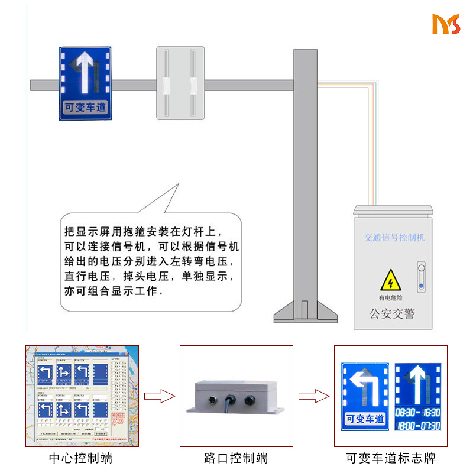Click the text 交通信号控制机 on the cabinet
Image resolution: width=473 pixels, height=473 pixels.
394,238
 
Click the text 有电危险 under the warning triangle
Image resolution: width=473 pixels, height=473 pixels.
390,298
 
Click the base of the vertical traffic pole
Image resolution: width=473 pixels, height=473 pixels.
305,312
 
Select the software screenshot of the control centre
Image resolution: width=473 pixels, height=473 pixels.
82,396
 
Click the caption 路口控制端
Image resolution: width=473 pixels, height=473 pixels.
236,458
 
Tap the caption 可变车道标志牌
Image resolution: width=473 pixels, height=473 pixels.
391,458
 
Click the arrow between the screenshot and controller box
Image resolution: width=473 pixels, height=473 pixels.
160,396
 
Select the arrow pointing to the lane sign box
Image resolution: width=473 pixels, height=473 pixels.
313,396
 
